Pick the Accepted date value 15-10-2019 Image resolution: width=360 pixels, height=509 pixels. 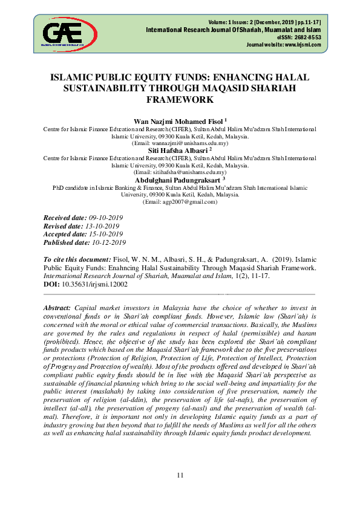106,234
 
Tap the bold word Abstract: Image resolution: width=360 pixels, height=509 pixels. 57,308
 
